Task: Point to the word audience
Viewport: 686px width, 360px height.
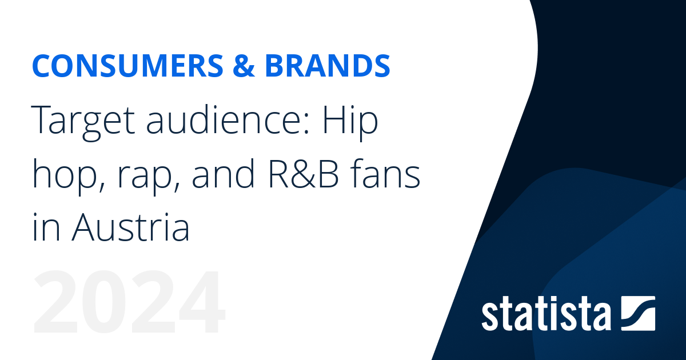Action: click(x=222, y=122)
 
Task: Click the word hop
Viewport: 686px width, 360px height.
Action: click(x=60, y=177)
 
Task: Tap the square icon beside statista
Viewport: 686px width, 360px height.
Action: click(x=637, y=313)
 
